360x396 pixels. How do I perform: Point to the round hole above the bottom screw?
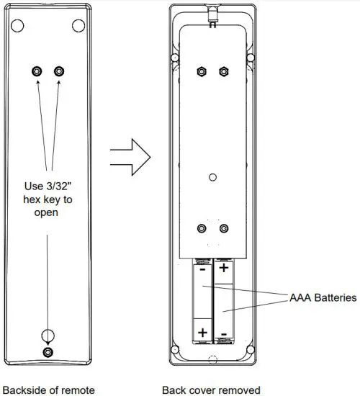pos(48,335)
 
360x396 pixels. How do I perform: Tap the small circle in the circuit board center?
pos(212,176)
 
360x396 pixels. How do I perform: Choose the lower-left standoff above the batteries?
pos(202,230)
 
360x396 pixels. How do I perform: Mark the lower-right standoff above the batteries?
pos(223,230)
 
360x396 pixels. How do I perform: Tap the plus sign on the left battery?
pos(202,332)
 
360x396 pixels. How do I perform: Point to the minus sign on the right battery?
pos(223,334)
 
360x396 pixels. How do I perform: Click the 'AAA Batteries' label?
pos(323,297)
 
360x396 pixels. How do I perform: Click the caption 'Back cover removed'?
pos(211,390)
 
